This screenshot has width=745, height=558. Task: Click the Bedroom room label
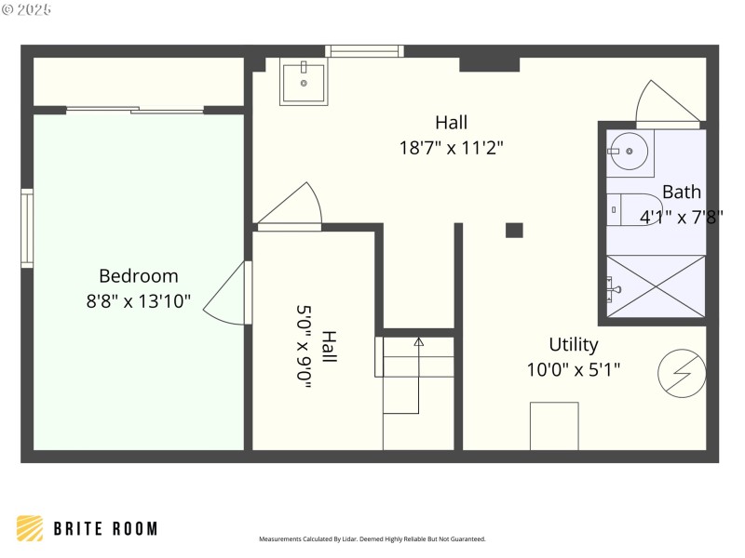tap(138, 276)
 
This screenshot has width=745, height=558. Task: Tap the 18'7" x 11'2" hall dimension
tap(452, 147)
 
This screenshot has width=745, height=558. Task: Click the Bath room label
tap(682, 193)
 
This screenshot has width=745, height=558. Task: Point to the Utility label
tap(574, 345)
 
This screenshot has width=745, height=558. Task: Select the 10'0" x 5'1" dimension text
tap(574, 369)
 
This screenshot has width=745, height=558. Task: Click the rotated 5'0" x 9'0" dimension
tap(305, 346)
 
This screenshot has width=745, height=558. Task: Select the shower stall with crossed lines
tap(656, 286)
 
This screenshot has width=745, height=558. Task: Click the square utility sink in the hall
tap(304, 84)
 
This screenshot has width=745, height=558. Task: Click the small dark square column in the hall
tap(514, 230)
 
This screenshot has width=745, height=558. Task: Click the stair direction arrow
tap(419, 342)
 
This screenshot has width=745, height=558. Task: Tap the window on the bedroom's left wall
tap(27, 229)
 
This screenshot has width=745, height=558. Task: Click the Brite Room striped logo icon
tap(30, 528)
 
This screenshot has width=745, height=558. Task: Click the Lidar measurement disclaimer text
tap(372, 538)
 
